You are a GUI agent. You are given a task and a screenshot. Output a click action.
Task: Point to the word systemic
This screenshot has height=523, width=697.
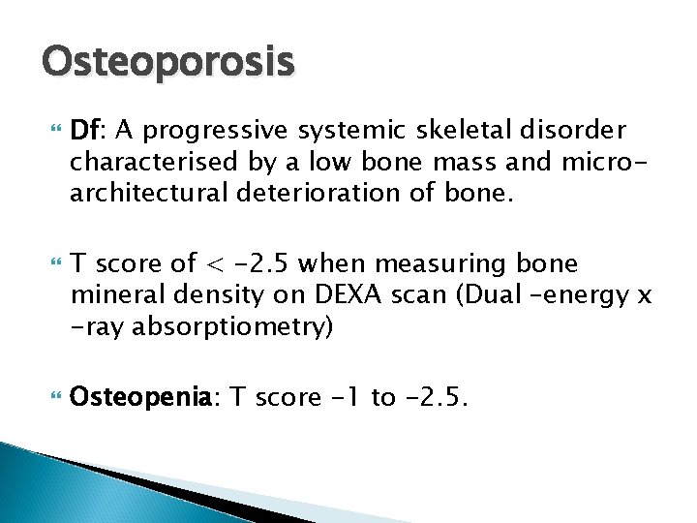pos(335,131)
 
